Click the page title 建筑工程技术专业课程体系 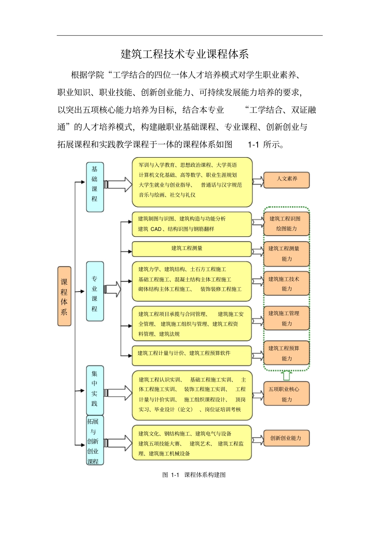pos(185,54)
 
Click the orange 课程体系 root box pos(64,296)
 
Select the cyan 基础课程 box pos(95,187)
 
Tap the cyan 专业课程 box pos(95,291)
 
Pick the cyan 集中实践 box pos(95,390)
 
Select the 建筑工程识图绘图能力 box pos(286,224)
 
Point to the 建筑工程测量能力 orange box pos(286,254)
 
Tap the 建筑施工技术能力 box pos(286,284)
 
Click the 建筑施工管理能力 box pos(286,318)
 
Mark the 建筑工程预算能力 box pos(286,353)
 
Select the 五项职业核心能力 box pos(286,394)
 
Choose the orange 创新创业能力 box pos(286,438)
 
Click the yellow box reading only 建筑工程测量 pos(192,249)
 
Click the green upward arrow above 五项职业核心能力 pos(287,375)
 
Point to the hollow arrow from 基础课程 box pos(119,184)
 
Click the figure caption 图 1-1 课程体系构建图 pos(194,475)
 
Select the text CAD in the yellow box pos(156,229)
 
